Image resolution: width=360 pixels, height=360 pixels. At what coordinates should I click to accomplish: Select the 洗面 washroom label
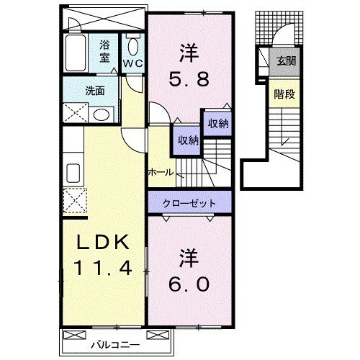pos(94,91)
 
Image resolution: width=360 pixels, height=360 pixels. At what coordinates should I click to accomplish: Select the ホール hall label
pos(160,172)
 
